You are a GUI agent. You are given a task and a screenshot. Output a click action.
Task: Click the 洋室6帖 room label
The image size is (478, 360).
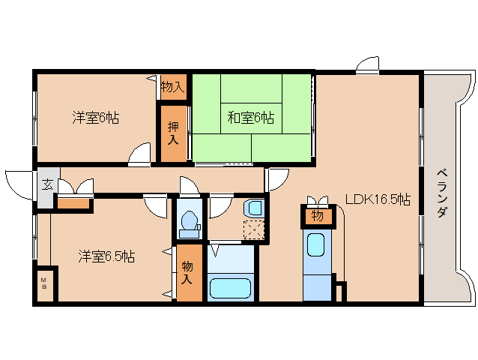pyautogui.click(x=95, y=117)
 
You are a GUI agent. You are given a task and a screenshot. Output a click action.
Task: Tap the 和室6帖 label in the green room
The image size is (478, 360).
pyautogui.click(x=250, y=117)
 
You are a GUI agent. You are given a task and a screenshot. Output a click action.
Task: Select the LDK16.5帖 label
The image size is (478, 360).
pyautogui.click(x=377, y=199)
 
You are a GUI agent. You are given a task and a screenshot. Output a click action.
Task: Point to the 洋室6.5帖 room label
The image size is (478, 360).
pyautogui.click(x=106, y=256)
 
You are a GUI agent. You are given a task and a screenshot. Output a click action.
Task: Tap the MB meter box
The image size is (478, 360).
pyautogui.click(x=44, y=284)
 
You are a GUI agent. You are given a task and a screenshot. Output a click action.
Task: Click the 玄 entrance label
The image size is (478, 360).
pyautogui.click(x=46, y=184)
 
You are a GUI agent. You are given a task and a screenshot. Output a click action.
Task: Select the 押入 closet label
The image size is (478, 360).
pyautogui.click(x=172, y=133)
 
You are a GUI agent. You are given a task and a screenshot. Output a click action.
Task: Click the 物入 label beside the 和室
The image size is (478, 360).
pyautogui.click(x=172, y=87)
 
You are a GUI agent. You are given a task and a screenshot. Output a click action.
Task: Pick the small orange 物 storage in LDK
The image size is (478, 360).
pyautogui.click(x=317, y=217)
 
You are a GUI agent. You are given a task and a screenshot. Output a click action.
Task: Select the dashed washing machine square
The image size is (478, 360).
pyautogui.click(x=255, y=229)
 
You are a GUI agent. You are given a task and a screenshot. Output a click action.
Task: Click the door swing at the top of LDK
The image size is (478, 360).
pyautogui.click(x=367, y=66)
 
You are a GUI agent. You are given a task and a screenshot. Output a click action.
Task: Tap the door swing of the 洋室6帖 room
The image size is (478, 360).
pyautogui.click(x=139, y=155)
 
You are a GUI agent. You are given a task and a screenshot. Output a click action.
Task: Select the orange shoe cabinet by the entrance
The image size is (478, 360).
pyautogui.click(x=73, y=202)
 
